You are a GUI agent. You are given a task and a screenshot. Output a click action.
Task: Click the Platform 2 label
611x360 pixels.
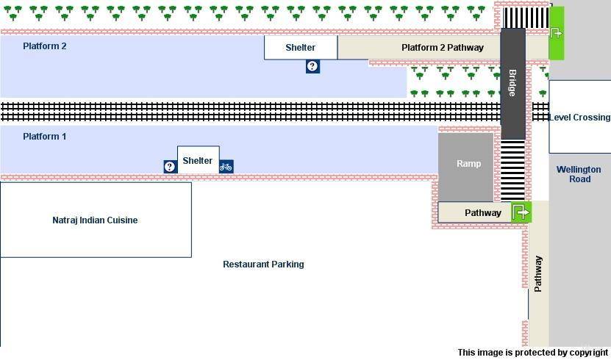[45, 46]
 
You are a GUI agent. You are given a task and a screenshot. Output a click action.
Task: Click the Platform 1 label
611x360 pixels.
[45, 137]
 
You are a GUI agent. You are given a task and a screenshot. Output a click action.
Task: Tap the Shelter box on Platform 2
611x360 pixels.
[301, 48]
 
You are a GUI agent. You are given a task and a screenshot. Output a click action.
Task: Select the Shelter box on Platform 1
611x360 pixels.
[198, 160]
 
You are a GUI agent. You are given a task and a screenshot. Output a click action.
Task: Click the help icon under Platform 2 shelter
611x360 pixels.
[312, 67]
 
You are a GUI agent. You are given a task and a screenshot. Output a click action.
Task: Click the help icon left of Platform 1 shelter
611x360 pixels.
[170, 167]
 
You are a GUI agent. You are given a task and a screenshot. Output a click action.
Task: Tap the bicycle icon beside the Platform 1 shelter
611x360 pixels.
[226, 167]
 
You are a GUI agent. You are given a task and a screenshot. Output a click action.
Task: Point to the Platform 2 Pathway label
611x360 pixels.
[443, 48]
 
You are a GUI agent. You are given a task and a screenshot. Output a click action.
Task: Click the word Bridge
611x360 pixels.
[512, 83]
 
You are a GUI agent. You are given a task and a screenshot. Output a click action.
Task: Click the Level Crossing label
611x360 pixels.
[579, 118]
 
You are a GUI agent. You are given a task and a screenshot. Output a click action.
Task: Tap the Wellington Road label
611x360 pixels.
[579, 174]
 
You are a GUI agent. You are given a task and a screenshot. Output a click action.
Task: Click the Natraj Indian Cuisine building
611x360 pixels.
[95, 220]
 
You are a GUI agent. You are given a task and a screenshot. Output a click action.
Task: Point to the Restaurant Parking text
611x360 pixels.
[263, 264]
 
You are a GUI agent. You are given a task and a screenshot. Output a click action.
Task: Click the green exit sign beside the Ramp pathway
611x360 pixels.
[521, 212]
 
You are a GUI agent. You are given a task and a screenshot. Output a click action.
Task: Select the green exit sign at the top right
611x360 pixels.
[557, 33]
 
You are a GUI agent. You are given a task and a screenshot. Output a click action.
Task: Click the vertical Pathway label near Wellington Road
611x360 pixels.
[538, 274]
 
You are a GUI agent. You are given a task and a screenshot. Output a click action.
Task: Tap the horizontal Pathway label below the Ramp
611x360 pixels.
[483, 213]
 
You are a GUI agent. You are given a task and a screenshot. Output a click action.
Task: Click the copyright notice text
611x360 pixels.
[533, 353]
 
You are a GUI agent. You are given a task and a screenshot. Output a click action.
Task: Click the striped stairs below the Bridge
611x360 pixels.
[512, 169]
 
